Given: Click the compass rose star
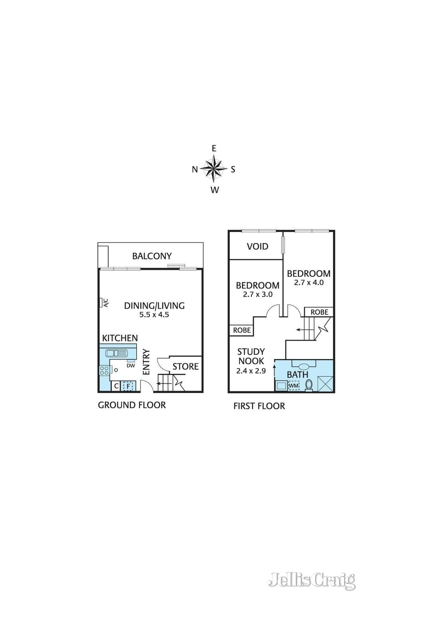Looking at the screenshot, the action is click(x=214, y=169).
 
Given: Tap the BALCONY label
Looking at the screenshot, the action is click(x=152, y=256).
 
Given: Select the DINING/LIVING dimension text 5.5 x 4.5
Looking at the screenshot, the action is click(x=154, y=315).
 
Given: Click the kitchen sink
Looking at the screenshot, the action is click(x=116, y=353).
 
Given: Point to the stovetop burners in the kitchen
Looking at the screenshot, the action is click(x=104, y=370).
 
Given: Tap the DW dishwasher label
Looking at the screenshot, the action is click(x=131, y=365).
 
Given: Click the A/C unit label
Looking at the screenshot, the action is click(x=105, y=303).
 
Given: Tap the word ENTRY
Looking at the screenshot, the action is click(x=146, y=362).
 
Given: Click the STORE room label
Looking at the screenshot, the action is click(x=185, y=366).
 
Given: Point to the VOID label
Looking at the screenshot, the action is click(x=258, y=246).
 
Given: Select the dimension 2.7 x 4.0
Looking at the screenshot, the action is click(x=309, y=282).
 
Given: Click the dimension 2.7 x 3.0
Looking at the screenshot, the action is click(x=258, y=294).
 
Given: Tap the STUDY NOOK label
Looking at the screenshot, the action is click(x=251, y=356).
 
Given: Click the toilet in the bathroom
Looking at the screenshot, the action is click(x=309, y=385).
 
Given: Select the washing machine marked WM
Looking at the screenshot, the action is click(x=294, y=386).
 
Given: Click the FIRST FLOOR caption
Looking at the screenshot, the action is click(x=259, y=406).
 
